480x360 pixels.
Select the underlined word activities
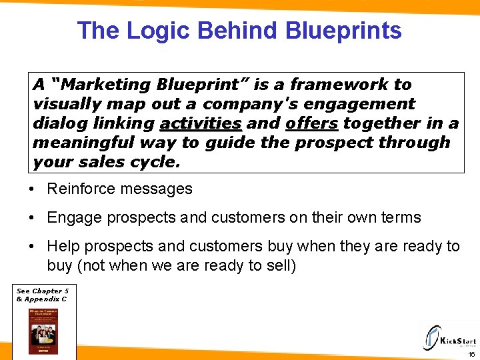pyautogui.click(x=201, y=123)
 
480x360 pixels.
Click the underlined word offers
pyautogui.click(x=312, y=123)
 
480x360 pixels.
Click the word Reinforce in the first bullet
pyautogui.click(x=78, y=189)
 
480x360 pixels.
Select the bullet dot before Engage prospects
pyautogui.click(x=33, y=218)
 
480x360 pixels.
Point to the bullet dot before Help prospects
pyautogui.click(x=33, y=247)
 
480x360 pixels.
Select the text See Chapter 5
pyautogui.click(x=42, y=291)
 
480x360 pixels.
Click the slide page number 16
pyautogui.click(x=471, y=355)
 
